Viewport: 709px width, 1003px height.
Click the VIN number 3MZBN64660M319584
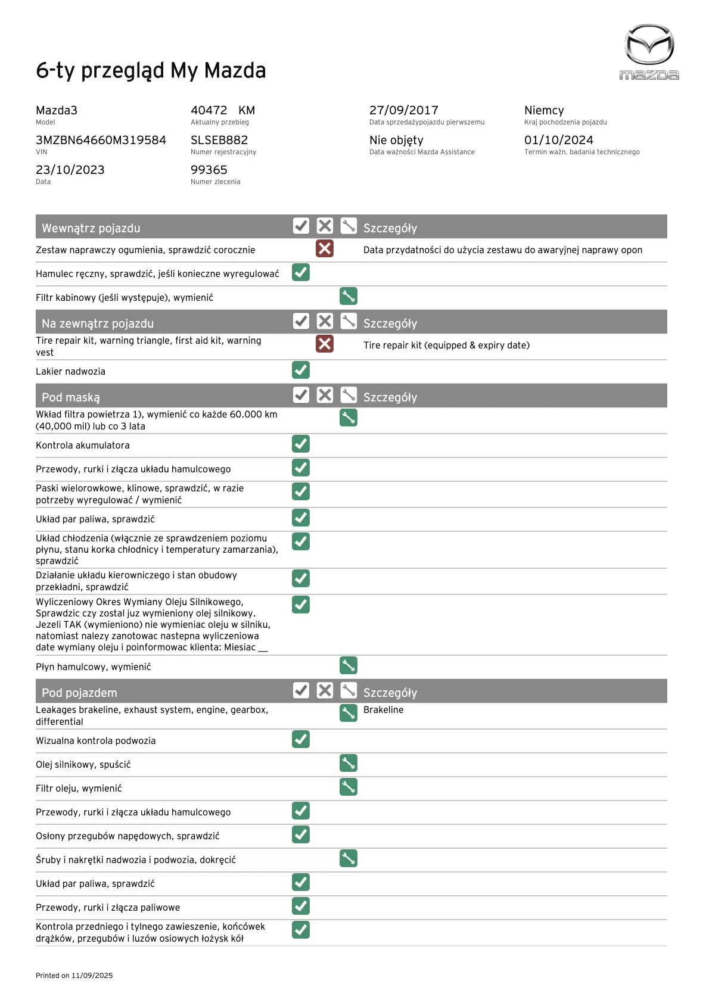tap(101, 141)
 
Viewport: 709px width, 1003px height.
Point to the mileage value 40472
tap(209, 111)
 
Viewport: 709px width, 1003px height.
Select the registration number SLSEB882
tap(219, 141)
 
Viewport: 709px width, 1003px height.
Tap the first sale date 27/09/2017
tap(403, 111)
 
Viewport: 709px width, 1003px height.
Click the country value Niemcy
tap(543, 111)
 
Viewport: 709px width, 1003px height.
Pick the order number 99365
tap(209, 170)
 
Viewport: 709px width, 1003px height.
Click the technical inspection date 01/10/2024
tap(558, 141)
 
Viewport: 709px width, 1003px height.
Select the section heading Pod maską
tap(71, 397)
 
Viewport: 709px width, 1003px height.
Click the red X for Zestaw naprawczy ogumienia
tap(325, 248)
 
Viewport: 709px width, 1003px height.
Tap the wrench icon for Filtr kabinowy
tap(349, 296)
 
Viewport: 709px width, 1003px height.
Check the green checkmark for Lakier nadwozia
tap(301, 370)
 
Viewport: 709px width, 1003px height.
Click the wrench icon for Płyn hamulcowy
tap(349, 665)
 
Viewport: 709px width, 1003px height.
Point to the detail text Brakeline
tap(383, 710)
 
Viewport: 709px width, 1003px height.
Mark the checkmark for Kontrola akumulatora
tap(301, 444)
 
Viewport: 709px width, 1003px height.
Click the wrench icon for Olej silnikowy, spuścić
tap(349, 763)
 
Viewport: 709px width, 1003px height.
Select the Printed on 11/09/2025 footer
tap(74, 976)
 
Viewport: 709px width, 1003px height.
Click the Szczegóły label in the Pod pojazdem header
tap(390, 693)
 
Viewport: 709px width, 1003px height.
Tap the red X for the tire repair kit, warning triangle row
tap(325, 344)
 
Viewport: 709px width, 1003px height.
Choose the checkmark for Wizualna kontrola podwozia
tap(301, 739)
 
